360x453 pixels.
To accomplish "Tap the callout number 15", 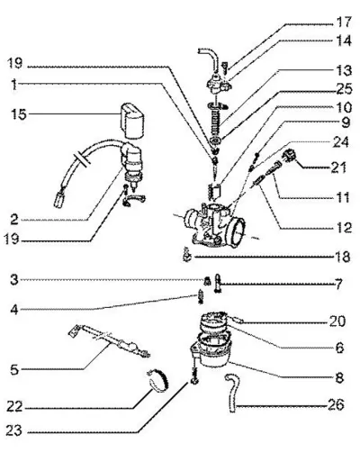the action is click(19, 114).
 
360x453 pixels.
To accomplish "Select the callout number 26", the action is click(336, 404).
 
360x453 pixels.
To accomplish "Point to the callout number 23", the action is click(14, 430).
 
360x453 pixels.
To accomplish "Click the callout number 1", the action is click(14, 85).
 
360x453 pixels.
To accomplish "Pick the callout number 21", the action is click(338, 168).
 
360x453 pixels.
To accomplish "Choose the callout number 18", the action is click(343, 257).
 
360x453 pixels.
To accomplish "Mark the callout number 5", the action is click(14, 369).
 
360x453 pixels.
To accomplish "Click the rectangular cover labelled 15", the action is click(131, 121).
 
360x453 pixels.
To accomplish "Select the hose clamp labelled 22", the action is click(159, 381).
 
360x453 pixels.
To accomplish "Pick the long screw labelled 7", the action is click(218, 283).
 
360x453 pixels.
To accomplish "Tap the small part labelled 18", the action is click(187, 255).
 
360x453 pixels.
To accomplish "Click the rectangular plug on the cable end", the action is click(59, 200).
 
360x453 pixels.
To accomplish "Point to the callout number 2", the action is click(14, 220).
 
